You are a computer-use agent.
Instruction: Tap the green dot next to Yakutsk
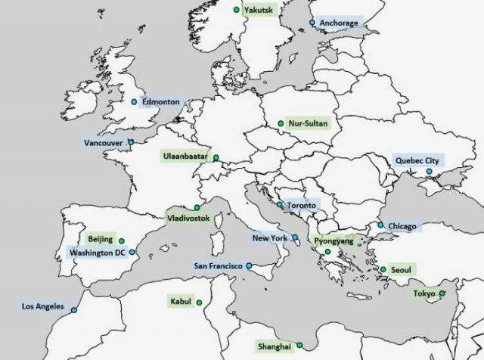pos(237,10)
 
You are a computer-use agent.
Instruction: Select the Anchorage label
pos(338,23)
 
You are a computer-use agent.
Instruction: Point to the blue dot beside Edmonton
pos(134,101)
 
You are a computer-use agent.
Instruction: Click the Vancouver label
pos(104,141)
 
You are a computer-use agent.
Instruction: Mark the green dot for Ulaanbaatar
pos(216,158)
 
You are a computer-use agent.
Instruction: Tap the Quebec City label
pos(416,160)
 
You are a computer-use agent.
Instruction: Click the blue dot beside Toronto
pos(279,204)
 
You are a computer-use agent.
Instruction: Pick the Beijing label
pos(101,239)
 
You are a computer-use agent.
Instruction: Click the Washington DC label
pos(97,253)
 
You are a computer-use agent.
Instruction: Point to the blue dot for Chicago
pos(380,225)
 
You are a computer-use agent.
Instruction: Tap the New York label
pos(270,238)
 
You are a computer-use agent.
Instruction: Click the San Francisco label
pos(218,266)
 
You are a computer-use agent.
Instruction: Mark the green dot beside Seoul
pos(383,269)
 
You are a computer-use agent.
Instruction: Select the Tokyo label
pos(422,293)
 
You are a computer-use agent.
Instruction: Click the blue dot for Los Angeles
pos(73,309)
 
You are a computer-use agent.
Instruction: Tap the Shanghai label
pos(274,346)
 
